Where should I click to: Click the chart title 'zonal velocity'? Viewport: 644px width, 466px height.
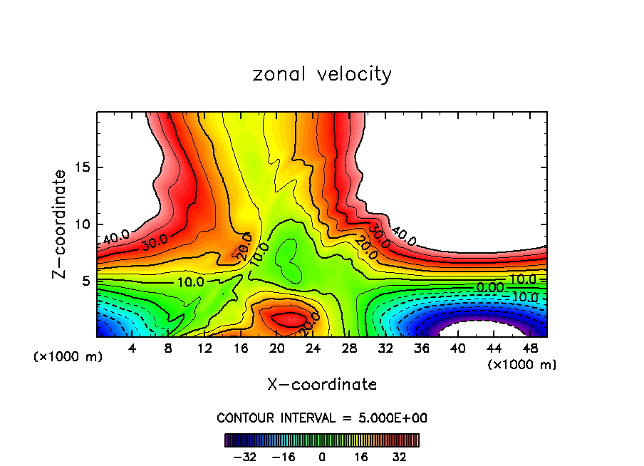pos(322,74)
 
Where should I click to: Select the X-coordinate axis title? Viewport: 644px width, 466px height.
pos(322,385)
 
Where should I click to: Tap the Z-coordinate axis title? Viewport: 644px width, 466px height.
pos(61,224)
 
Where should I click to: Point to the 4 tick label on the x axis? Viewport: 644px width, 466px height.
pos(132,348)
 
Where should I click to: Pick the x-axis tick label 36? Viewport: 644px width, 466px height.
pos(422,348)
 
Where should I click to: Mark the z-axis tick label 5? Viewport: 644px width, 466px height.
pos(87,281)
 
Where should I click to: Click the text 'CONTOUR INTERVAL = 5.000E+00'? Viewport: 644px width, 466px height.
pos(322,418)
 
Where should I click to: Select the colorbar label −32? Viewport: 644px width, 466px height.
pos(245,457)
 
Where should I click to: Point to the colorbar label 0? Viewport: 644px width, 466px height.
pos(322,457)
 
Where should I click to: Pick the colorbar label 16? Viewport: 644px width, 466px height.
pos(361,457)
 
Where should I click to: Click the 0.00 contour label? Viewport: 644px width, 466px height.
pos(490,286)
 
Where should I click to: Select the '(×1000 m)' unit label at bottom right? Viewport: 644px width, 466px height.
pos(522,365)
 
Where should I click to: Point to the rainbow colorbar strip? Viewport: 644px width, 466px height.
pos(322,440)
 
